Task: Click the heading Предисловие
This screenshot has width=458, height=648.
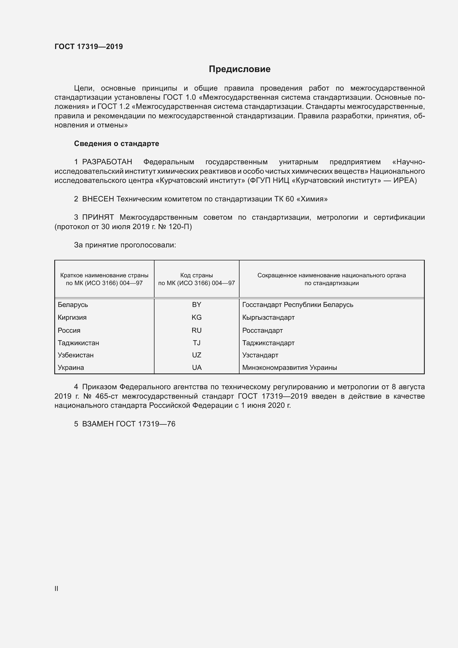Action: pyautogui.click(x=240, y=69)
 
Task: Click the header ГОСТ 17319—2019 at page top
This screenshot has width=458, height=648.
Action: pyautogui.click(x=89, y=47)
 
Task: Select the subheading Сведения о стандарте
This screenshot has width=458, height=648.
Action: pyautogui.click(x=117, y=144)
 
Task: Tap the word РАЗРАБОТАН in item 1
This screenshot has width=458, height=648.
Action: pyautogui.click(x=107, y=162)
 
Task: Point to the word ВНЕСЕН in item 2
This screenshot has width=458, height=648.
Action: pyautogui.click(x=98, y=199)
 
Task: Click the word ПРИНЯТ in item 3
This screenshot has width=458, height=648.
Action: pyautogui.click(x=98, y=217)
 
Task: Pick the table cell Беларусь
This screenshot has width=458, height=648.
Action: pyautogui.click(x=73, y=305)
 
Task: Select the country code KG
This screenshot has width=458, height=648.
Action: pyautogui.click(x=196, y=317)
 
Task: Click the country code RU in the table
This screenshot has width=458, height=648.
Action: pyautogui.click(x=196, y=331)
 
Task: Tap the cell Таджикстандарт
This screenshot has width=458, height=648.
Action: pyautogui.click(x=268, y=343)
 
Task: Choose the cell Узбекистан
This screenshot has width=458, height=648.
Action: pyautogui.click(x=76, y=355)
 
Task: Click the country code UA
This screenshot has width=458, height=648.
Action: pyautogui.click(x=197, y=367)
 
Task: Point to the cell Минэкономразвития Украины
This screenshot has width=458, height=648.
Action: pyautogui.click(x=289, y=367)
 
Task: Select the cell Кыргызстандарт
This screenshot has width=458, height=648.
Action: pyautogui.click(x=268, y=317)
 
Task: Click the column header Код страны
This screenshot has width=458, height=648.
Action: pyautogui.click(x=196, y=275)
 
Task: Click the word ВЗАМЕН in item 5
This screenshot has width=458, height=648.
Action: pyautogui.click(x=98, y=424)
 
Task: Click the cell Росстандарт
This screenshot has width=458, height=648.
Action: pyautogui.click(x=262, y=331)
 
